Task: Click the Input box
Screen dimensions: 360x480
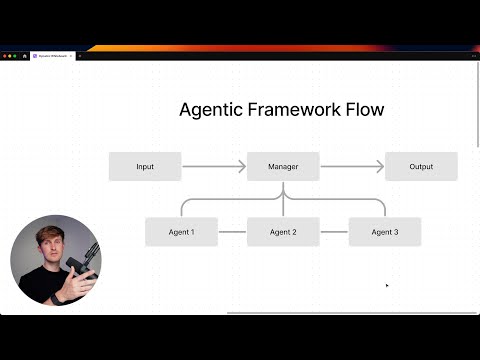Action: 145,166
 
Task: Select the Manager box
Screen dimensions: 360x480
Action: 283,166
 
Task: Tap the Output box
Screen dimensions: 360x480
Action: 421,166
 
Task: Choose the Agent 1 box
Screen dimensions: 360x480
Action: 181,232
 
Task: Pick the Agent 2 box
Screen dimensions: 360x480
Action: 283,232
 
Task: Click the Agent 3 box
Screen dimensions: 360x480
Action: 385,232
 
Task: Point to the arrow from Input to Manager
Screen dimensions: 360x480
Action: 214,166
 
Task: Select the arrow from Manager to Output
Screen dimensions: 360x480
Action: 352,166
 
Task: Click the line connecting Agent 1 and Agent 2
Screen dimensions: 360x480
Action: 232,232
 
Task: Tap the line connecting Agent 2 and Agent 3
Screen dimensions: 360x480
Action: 334,232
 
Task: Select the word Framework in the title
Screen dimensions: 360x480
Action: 295,109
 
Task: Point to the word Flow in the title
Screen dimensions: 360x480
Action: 364,109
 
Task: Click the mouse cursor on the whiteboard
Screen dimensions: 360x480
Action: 387,285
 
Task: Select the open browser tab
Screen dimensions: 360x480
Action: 52,55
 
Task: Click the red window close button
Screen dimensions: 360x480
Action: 4,55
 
